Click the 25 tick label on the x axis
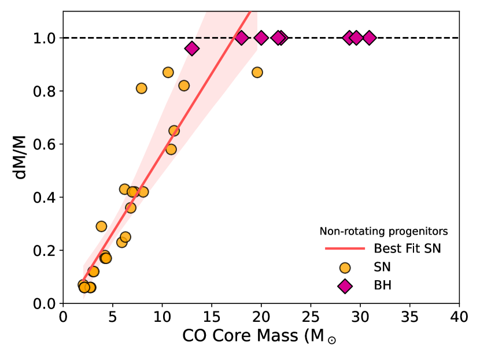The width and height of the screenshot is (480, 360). [x=311, y=317]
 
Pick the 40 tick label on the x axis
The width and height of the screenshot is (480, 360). [x=459, y=317]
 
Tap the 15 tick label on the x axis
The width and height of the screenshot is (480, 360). [x=212, y=317]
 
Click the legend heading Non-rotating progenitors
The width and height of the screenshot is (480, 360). [x=384, y=232]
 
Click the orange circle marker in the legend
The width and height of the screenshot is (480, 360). [x=345, y=268]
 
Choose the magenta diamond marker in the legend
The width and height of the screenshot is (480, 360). [x=345, y=285]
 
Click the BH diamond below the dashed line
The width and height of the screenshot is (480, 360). [x=192, y=49]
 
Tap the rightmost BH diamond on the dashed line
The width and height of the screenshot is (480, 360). [x=369, y=38]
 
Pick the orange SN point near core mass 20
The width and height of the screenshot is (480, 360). [x=257, y=72]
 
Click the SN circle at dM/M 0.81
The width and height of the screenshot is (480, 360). [x=141, y=88]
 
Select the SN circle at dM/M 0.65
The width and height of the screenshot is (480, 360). [x=174, y=131]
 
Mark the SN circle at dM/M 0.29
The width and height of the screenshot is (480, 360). [x=101, y=227]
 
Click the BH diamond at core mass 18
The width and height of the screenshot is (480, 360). [x=242, y=38]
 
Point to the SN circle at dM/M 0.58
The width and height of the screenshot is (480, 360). [x=171, y=149]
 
